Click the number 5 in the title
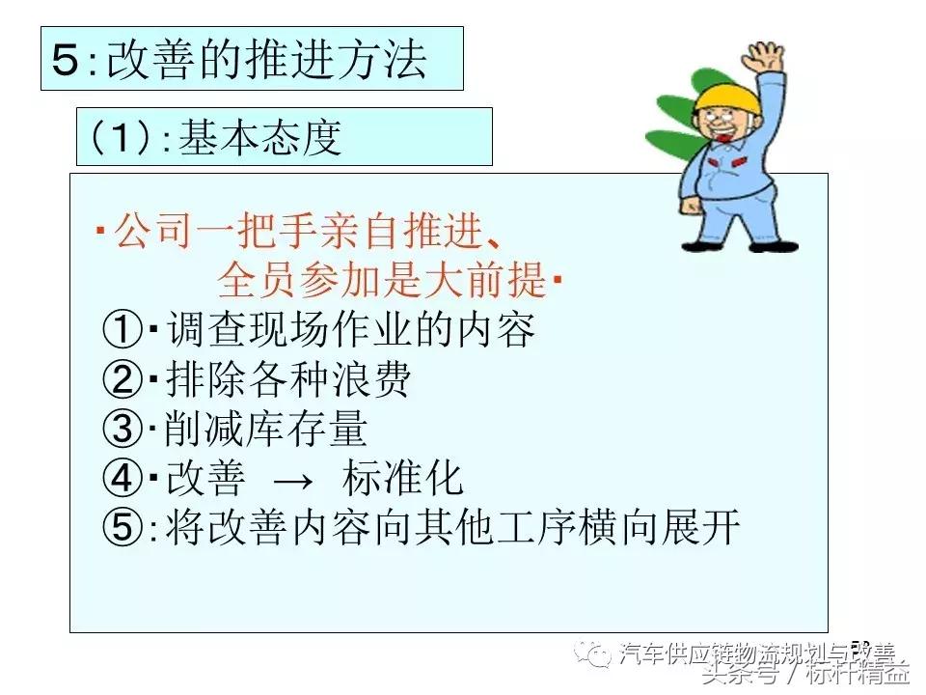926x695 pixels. click(x=68, y=60)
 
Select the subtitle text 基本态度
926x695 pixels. click(x=260, y=138)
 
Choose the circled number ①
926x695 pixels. click(x=123, y=331)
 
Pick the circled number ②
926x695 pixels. click(x=123, y=380)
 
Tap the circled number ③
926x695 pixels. click(x=123, y=430)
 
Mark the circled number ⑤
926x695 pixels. click(x=123, y=527)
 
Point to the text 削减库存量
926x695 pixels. click(x=265, y=430)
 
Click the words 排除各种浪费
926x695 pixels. click(x=287, y=380)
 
